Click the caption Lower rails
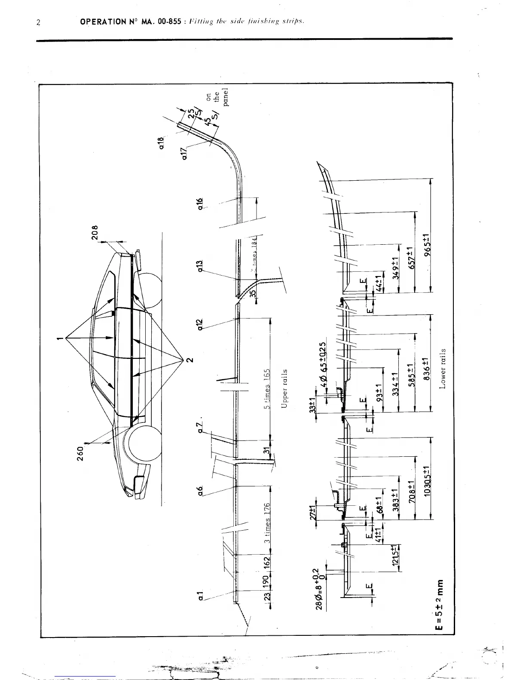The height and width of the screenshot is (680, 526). [443, 368]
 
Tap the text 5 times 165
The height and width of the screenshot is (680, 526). [267, 389]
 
